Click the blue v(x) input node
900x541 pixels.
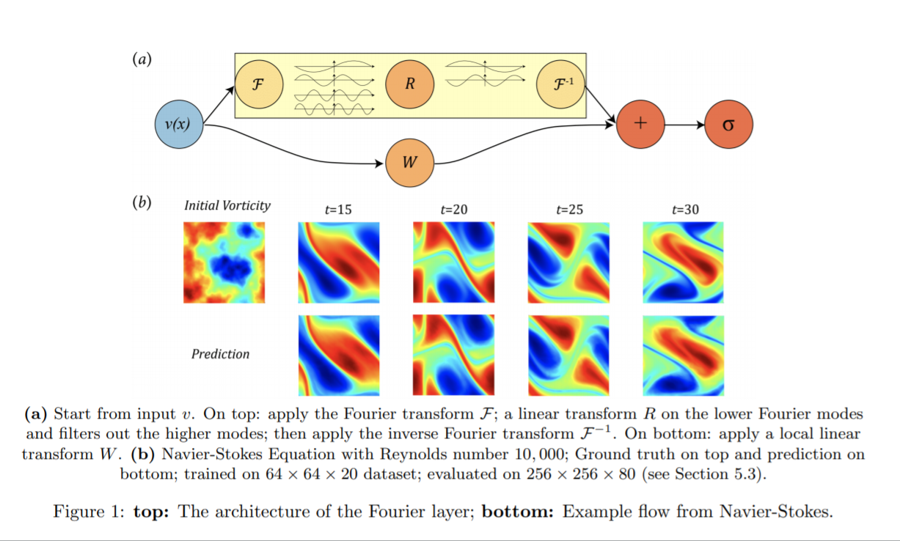179,125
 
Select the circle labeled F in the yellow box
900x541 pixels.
257,84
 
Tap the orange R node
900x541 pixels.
409,84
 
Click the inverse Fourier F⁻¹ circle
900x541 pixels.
561,83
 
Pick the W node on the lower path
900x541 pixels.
409,162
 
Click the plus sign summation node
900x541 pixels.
640,125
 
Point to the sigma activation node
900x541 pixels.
728,125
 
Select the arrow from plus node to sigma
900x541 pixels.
684,125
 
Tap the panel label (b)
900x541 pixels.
142,203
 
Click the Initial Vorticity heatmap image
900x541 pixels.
224,262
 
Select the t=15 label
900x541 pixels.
338,210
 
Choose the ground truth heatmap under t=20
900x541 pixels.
453,262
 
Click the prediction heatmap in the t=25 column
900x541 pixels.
568,355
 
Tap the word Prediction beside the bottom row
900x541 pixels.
220,354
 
